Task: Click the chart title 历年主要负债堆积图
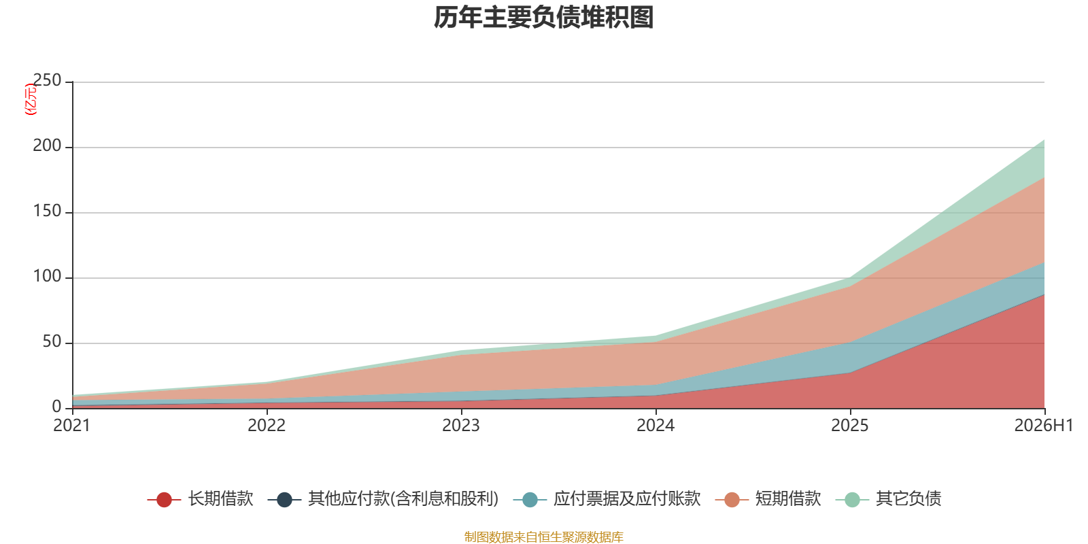[x=543, y=18]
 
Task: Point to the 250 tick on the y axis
[x=47, y=80]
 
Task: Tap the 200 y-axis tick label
[x=47, y=146]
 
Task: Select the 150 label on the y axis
[x=47, y=211]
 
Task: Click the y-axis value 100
[x=47, y=276]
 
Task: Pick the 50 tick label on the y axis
[x=52, y=342]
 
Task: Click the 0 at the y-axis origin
[x=57, y=407]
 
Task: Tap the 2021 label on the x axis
[x=72, y=426]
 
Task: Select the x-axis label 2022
[x=267, y=426]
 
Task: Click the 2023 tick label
[x=461, y=426]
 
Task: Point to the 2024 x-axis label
[x=656, y=426]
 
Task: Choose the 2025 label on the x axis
[x=850, y=426]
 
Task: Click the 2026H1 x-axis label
[x=1044, y=426]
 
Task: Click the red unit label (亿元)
[x=31, y=99]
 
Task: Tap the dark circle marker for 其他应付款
[x=284, y=499]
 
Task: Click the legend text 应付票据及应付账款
[x=627, y=499]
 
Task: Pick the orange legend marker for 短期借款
[x=732, y=499]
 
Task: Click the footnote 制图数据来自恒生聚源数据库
[x=543, y=537]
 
